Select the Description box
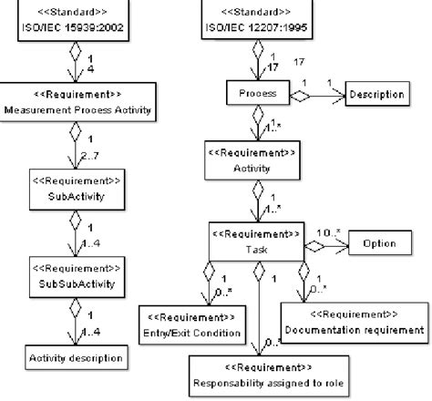pyautogui.click(x=376, y=94)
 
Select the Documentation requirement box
pyautogui.click(x=354, y=323)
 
